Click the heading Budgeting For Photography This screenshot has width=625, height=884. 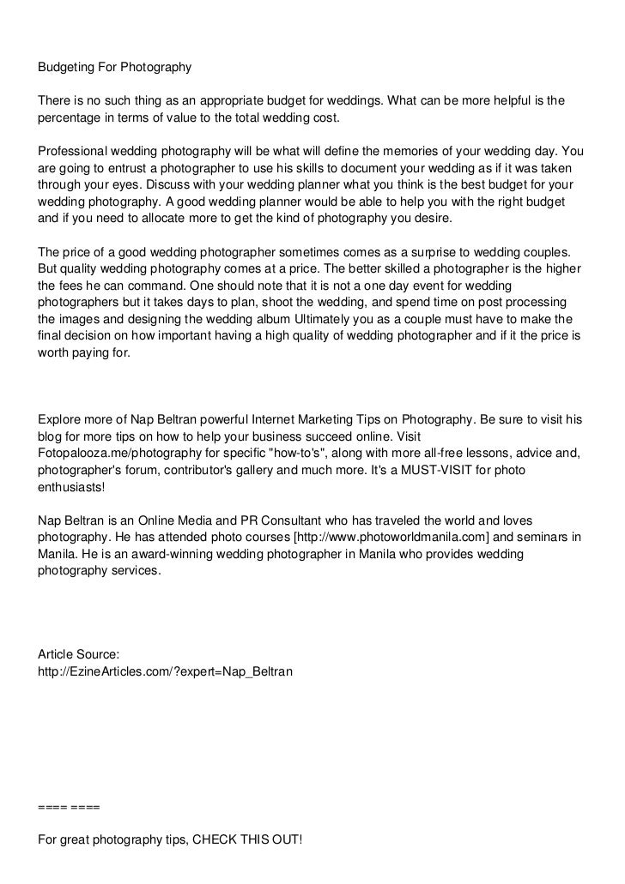tap(115, 67)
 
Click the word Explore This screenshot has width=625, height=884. tap(61, 420)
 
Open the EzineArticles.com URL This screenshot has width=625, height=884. tap(166, 671)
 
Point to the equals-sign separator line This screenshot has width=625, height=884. tap(69, 807)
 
